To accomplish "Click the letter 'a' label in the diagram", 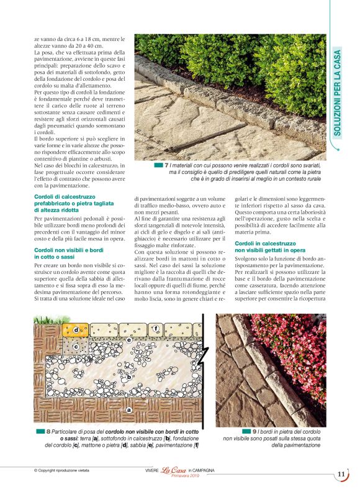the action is pyautogui.click(x=128, y=410).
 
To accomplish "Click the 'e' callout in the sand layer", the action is pyautogui.click(x=128, y=340).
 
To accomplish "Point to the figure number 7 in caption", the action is pyautogui.click(x=166, y=166).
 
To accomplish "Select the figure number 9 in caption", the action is pyautogui.click(x=254, y=430).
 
